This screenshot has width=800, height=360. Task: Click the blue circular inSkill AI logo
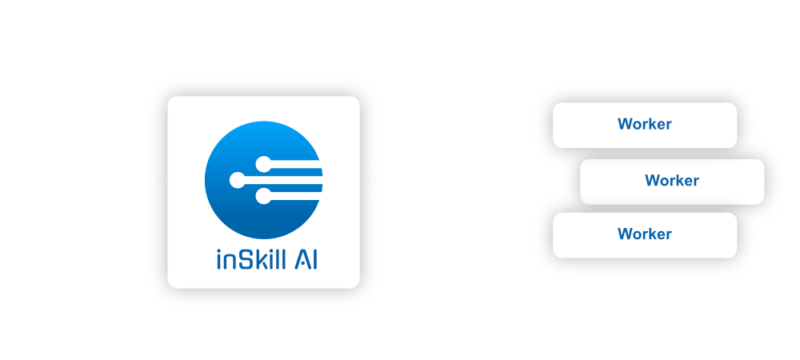(x=263, y=180)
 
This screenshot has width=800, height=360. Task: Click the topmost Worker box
(x=644, y=125)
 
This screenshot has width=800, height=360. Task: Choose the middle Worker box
(x=672, y=181)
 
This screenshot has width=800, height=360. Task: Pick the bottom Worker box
(x=644, y=234)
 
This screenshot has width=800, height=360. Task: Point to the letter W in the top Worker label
(x=624, y=125)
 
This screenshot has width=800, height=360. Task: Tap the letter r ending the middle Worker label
(x=696, y=181)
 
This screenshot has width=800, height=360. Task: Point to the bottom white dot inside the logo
(x=262, y=195)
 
